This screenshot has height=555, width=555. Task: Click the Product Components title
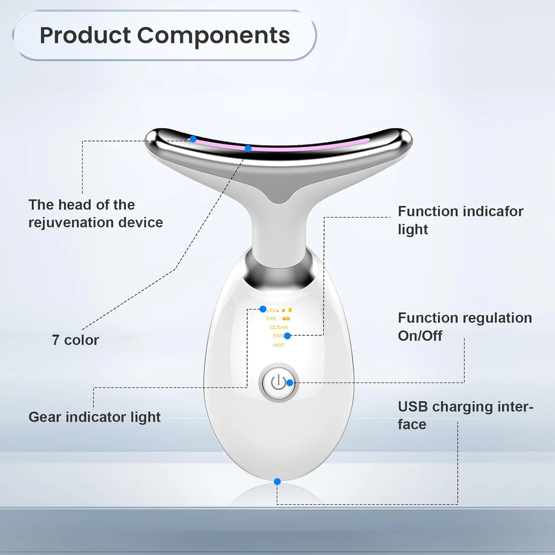[165, 36]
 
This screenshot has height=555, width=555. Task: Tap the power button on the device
[279, 383]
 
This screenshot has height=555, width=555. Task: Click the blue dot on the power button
[290, 383]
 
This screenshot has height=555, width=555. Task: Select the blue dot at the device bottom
[277, 481]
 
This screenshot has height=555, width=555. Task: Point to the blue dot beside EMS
[287, 336]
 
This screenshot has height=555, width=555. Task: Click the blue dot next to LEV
[263, 309]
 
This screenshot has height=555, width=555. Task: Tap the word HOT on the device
[279, 345]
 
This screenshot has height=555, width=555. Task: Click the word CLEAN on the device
[279, 327]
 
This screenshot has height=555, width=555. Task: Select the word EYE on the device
[271, 319]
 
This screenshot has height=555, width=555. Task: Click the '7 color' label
[75, 340]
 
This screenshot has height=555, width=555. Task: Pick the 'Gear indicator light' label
[94, 417]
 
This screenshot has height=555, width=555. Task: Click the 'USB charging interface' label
[465, 416]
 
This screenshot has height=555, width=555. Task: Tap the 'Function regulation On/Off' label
[465, 327]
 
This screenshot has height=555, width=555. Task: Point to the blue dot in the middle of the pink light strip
[248, 148]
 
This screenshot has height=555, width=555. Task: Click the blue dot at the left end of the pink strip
[193, 139]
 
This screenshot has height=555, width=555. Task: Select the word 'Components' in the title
[214, 36]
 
